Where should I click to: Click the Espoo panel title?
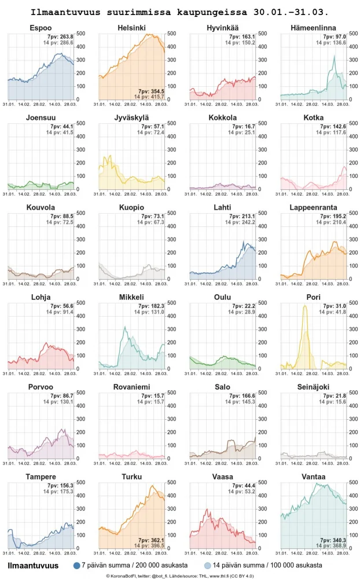pyautogui.click(x=41, y=28)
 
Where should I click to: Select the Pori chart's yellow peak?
pyautogui.click(x=305, y=306)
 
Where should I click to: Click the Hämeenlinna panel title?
pyautogui.click(x=314, y=28)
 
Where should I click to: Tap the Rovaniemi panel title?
pyautogui.click(x=131, y=387)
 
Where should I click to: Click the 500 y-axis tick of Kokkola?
pyautogui.click(x=263, y=123)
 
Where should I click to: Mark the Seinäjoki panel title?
pyautogui.click(x=314, y=387)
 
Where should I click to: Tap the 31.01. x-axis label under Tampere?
pyautogui.click(x=9, y=553)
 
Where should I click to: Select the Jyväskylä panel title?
pyautogui.click(x=131, y=118)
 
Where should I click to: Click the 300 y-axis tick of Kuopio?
pyautogui.click(x=172, y=239)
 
